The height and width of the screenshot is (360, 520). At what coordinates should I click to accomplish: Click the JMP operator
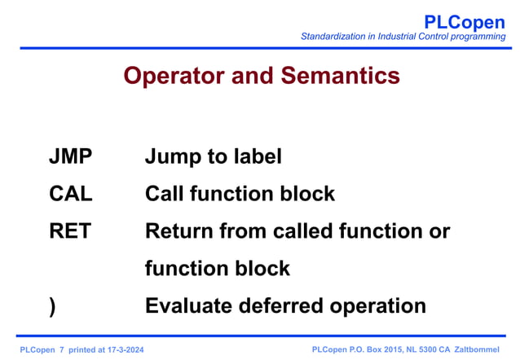pyautogui.click(x=70, y=156)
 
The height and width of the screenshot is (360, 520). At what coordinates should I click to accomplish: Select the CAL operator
pyautogui.click(x=71, y=194)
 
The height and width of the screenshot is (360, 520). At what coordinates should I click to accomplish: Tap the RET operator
pyautogui.click(x=70, y=231)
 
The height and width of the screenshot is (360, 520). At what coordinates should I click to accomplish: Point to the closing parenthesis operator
pyautogui.click(x=53, y=306)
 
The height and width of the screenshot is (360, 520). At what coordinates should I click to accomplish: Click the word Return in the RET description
pyautogui.click(x=179, y=231)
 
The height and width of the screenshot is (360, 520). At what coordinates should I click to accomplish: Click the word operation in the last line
pyautogui.click(x=378, y=306)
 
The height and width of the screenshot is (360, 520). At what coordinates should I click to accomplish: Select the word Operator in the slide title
pyautogui.click(x=171, y=76)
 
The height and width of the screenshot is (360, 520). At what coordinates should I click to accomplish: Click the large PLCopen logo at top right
pyautogui.click(x=465, y=22)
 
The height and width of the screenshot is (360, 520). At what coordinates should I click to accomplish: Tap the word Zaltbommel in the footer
pyautogui.click(x=477, y=349)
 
